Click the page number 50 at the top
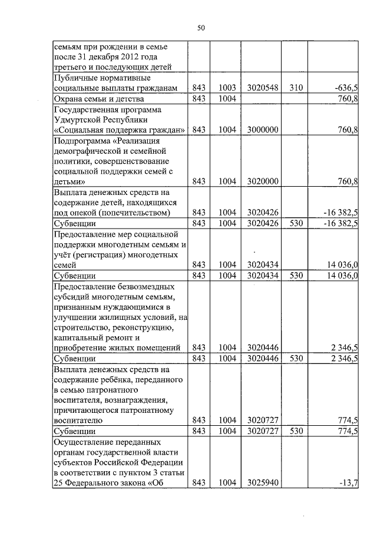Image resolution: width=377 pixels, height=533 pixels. [201, 28]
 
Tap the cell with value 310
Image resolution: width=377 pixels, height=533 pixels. [296, 88]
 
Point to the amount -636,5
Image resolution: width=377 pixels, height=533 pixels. [346, 88]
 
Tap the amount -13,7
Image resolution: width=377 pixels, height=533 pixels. [350, 483]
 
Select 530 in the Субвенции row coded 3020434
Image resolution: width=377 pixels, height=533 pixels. [296, 275]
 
